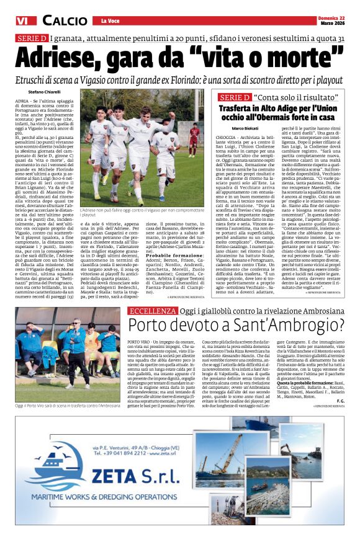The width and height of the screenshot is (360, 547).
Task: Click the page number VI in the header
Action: pos(23,20)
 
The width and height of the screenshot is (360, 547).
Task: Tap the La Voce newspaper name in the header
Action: pos(110,21)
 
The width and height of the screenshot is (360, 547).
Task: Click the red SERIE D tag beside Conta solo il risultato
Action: pos(235,97)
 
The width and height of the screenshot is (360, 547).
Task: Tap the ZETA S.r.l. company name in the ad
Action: pos(139,477)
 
